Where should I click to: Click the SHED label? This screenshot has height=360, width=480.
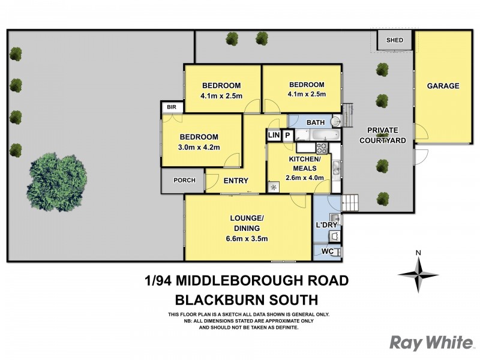pos(394,41)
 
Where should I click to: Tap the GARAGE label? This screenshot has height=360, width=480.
pos(443,86)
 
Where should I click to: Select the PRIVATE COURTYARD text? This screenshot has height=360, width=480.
pos(383,135)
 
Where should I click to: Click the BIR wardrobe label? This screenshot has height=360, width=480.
pos(172,107)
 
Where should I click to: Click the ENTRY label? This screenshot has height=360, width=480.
pos(236,180)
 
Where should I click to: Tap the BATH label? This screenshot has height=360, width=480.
pos(315,122)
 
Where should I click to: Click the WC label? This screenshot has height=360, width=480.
pos(327,251)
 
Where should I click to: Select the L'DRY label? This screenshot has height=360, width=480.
pos(327,225)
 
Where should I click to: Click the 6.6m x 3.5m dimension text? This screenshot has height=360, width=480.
pos(247,239)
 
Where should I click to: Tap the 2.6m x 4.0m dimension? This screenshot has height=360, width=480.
pos(306,178)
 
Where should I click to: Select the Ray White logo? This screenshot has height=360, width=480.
pos(431,343)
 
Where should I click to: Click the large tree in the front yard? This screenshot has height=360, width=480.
pos(50,178)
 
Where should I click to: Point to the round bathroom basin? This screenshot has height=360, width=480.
pos(336,122)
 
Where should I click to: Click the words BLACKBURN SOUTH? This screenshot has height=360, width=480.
pos(247,300)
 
